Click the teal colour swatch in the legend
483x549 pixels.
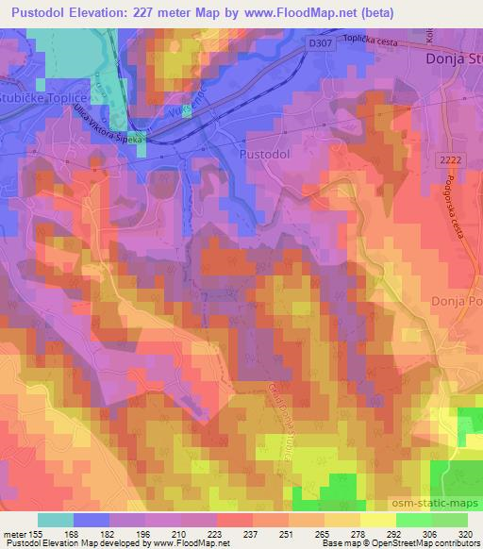point(56,520)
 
